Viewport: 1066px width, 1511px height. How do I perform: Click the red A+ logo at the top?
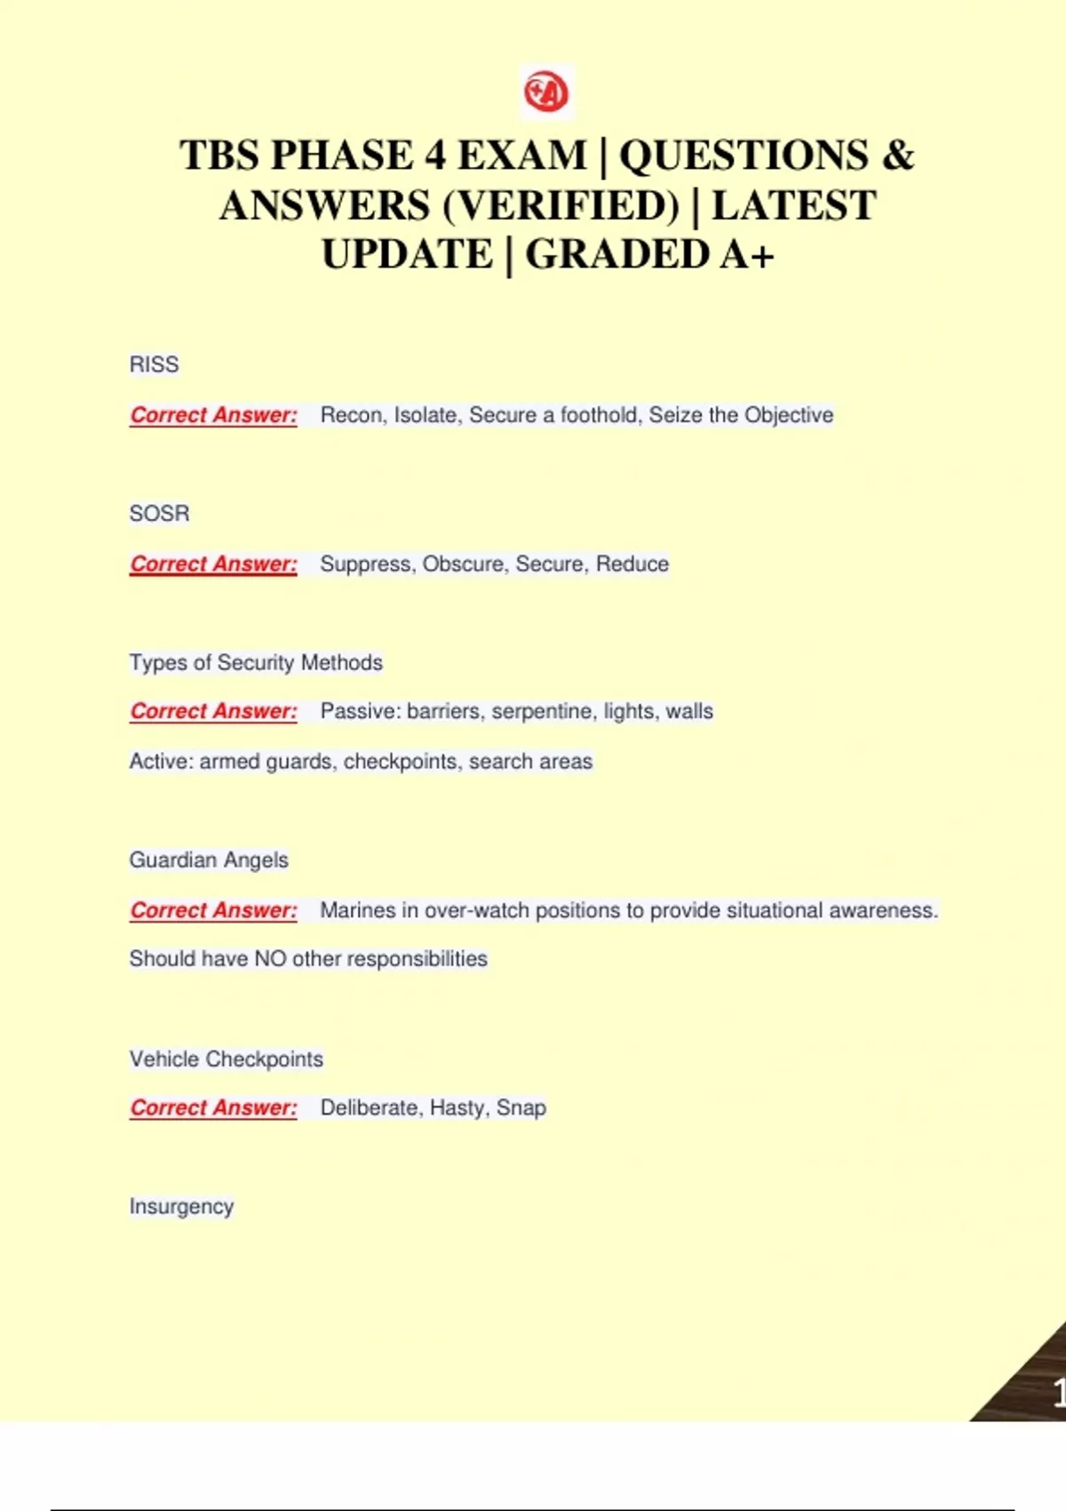(x=546, y=92)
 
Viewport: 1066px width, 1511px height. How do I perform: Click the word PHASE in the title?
(x=342, y=156)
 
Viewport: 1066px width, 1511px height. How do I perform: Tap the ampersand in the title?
(x=897, y=156)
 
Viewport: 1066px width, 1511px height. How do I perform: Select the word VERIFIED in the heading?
(x=561, y=205)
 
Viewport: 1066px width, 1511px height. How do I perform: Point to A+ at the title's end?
(x=747, y=254)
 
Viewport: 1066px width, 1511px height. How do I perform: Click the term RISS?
(x=154, y=364)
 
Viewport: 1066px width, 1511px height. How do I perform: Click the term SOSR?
(x=159, y=514)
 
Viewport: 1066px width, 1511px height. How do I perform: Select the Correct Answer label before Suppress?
(x=213, y=564)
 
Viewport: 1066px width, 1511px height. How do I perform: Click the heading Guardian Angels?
(x=209, y=860)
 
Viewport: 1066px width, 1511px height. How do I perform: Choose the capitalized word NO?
(x=270, y=959)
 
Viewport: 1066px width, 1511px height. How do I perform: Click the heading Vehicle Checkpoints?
(x=226, y=1059)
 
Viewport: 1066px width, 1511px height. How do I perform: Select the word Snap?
(x=521, y=1108)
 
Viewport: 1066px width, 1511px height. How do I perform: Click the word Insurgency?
(x=181, y=1207)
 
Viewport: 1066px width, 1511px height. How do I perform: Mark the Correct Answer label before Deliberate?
(x=213, y=1108)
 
